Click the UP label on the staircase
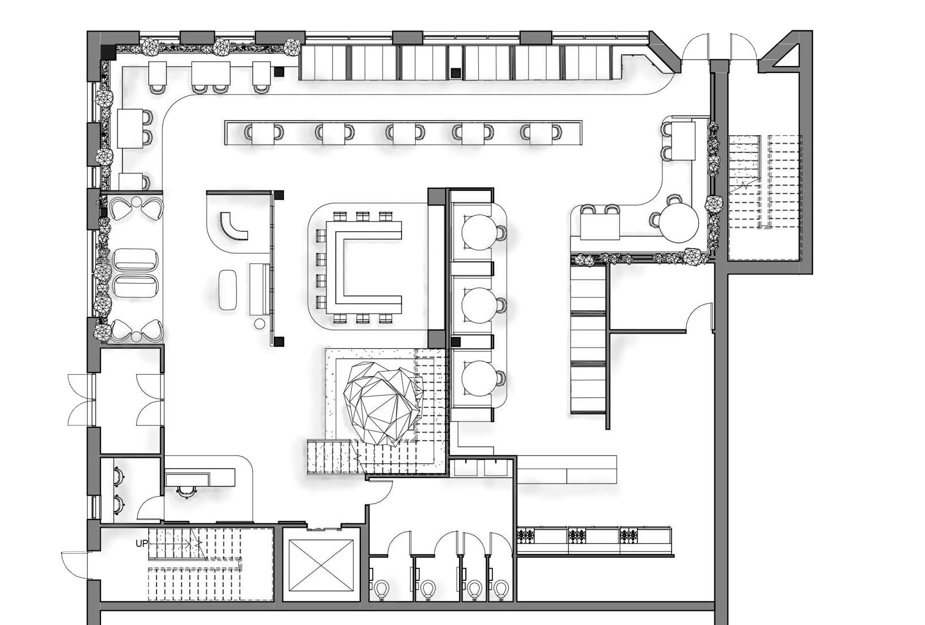click(x=142, y=544)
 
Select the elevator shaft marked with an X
click(x=321, y=565)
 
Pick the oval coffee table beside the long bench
click(x=228, y=289)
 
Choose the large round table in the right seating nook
click(x=680, y=222)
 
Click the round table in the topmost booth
click(x=478, y=232)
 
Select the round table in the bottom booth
click(x=478, y=378)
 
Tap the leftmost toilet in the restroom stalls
click(x=382, y=590)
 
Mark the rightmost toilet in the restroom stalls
click(x=500, y=590)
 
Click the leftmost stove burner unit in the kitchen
click(x=526, y=535)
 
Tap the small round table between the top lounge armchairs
click(x=137, y=202)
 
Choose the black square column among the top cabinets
click(x=456, y=72)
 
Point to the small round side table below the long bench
click(x=259, y=324)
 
